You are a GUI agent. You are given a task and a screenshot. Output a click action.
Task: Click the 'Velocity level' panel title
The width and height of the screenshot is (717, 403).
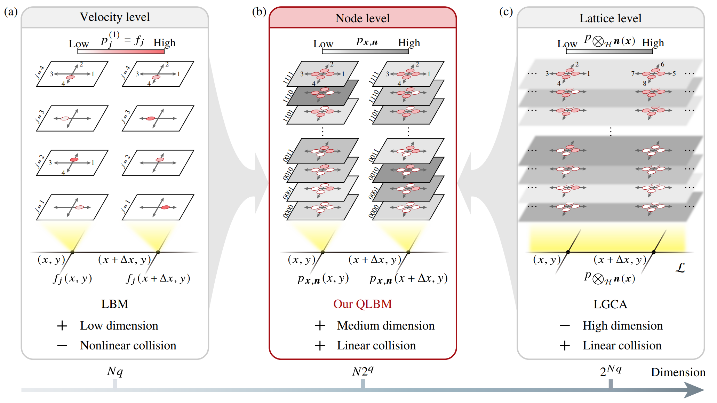pos(115,17)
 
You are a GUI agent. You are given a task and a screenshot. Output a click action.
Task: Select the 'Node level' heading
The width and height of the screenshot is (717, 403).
pos(363,18)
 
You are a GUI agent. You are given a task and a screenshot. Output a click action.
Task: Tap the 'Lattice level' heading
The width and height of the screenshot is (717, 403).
pos(610,18)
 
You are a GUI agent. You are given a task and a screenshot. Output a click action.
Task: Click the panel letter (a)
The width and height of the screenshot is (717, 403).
pos(11,12)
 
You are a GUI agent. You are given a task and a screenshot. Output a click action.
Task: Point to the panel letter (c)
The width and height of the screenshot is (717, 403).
pos(506,12)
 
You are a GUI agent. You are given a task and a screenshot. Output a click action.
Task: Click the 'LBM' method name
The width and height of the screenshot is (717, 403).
pos(115,304)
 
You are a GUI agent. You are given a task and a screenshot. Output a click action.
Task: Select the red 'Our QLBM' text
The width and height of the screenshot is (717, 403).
pos(363,304)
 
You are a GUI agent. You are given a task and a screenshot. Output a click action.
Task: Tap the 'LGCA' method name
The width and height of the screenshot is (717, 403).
pos(610,305)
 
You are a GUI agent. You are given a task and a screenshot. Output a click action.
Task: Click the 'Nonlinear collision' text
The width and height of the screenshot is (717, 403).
pos(128,346)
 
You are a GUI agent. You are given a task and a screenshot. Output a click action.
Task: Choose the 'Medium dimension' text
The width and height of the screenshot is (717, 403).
pos(386,326)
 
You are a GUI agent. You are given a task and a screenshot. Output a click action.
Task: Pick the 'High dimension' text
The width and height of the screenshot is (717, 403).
pos(623,326)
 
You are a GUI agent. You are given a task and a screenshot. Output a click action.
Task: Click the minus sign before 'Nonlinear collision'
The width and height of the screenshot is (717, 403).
pos(62,346)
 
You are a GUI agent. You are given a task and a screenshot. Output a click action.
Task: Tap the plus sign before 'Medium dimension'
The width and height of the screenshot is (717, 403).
pos(320,326)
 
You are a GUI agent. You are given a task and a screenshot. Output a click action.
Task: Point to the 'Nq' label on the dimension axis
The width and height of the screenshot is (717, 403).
pos(115,371)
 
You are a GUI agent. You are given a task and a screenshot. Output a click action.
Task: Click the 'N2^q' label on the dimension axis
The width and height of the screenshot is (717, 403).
pos(363,371)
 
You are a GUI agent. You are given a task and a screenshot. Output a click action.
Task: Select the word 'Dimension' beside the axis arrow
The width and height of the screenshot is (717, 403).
pos(678,372)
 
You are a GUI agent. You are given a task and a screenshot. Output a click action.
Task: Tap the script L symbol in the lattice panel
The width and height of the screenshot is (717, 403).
pos(680,268)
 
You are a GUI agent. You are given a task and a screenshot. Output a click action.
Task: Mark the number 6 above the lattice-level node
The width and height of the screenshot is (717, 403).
pos(662,64)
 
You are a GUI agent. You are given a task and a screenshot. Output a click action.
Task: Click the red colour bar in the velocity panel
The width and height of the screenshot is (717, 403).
pos(121,52)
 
